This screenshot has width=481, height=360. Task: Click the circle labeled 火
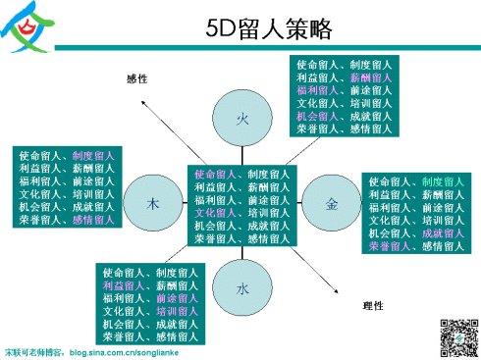click(242, 118)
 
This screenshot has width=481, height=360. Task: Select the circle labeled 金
click(332, 202)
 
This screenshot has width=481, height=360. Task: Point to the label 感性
click(137, 78)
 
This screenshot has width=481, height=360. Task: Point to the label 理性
click(372, 307)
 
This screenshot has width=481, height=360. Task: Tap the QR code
click(454, 336)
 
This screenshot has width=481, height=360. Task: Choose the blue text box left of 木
click(67, 188)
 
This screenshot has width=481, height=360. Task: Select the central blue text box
click(241, 206)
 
